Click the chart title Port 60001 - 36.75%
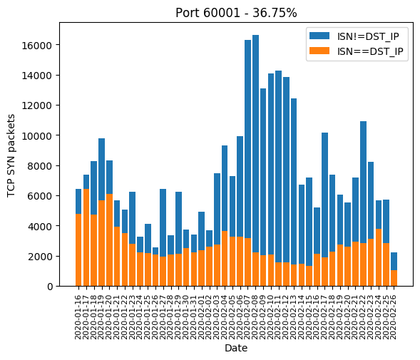tap(236, 13)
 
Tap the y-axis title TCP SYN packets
tap(11, 155)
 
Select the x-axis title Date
tap(236, 348)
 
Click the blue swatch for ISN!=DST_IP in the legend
tap(319, 36)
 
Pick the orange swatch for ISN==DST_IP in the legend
tap(319, 51)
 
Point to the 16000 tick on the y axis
tap(36, 46)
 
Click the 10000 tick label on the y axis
tap(36, 136)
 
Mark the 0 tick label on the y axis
tap(50, 287)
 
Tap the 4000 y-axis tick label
tap(40, 227)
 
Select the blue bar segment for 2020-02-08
tap(255, 143)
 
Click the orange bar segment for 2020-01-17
tap(86, 237)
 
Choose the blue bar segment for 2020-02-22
tap(363, 182)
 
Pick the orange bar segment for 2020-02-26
tap(394, 278)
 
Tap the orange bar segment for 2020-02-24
tap(379, 257)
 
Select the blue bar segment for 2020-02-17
tap(324, 195)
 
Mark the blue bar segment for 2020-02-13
tap(294, 182)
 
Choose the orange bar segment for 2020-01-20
tap(109, 240)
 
